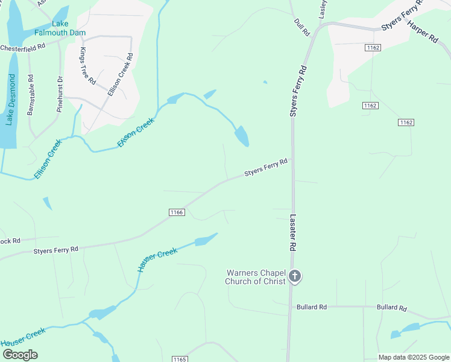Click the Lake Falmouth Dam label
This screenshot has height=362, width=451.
coord(60,28)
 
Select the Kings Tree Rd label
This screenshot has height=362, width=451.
coord(87,65)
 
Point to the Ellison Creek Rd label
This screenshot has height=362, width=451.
coord(120,75)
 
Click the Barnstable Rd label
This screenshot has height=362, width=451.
coord(31,95)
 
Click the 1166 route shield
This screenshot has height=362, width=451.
coord(176,212)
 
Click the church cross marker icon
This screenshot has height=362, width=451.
coord(295,277)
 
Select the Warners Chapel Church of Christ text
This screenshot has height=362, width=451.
coord(256,277)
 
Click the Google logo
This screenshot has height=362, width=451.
coord(19,355)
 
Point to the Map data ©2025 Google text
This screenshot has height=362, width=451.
coord(414,357)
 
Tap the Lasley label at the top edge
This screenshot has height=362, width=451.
coord(323,7)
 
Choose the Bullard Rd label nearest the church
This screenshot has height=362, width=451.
coord(311,307)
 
